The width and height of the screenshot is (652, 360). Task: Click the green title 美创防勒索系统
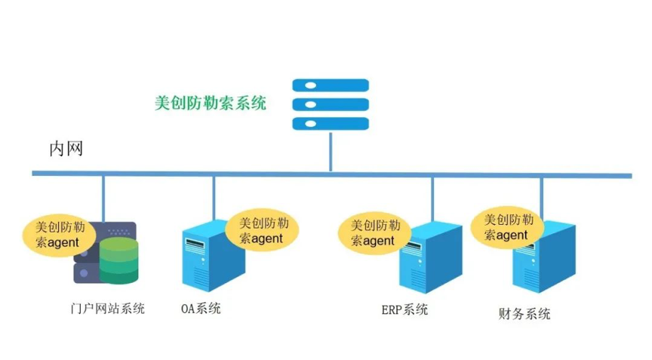pos(211,103)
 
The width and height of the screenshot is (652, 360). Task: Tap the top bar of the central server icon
pos(331,85)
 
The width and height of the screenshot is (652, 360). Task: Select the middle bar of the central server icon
pos(331,104)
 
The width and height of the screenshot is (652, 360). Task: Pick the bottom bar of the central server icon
pos(331,123)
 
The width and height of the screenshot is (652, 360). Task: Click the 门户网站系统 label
pos(106,309)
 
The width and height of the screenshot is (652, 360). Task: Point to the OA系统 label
pos(201,308)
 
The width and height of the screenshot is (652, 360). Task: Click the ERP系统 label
pos(404,309)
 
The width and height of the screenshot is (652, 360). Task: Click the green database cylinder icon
pos(119,259)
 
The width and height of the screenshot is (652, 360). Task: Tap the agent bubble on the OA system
pos(262,231)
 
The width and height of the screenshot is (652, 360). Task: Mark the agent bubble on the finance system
pos(507,227)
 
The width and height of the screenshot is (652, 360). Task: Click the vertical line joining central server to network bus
pos(330,152)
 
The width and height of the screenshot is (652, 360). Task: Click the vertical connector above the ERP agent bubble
pos(432,198)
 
